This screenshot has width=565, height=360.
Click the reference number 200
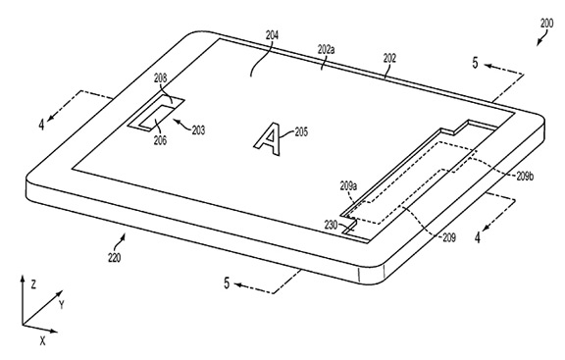[546, 24]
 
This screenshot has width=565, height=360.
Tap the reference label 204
[272, 35]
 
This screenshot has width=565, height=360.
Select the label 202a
[326, 49]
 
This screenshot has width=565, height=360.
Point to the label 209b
[525, 177]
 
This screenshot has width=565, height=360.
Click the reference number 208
[161, 77]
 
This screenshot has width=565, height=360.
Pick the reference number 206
[160, 140]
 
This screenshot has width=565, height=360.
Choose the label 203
[198, 129]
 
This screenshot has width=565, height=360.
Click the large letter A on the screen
[269, 139]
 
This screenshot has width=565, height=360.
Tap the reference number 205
[301, 131]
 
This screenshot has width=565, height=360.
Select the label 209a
[348, 186]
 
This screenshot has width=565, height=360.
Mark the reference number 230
[331, 226]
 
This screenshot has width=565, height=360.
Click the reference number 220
[115, 258]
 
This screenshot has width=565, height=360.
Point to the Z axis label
[33, 284]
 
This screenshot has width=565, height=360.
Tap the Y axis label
[62, 305]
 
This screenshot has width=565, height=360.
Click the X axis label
[43, 340]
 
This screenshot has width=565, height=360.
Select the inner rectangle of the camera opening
[156, 117]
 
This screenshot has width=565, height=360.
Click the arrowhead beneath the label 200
[539, 42]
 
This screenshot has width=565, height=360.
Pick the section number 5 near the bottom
[227, 283]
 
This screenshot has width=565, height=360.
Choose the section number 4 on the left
[42, 125]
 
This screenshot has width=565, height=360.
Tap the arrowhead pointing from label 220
[124, 236]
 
